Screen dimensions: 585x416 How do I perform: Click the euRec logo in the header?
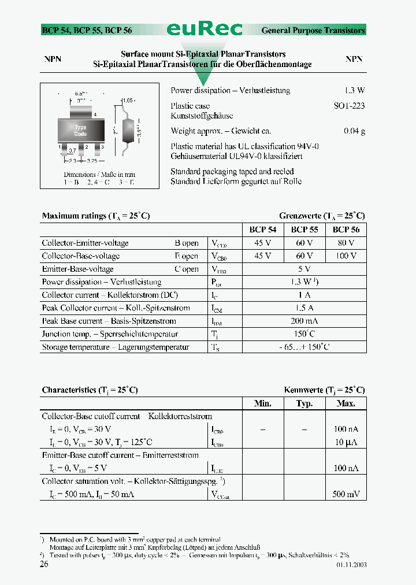[205, 29]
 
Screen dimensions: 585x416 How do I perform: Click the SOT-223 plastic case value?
[349, 106]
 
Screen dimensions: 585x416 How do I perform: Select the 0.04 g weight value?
[354, 131]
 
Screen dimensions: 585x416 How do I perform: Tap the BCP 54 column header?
[263, 229]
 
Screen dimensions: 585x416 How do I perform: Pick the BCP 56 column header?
[346, 229]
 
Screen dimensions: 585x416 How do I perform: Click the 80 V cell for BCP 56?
[346, 243]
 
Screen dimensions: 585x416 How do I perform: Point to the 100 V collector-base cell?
[346, 256]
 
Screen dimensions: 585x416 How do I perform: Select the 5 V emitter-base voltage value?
[304, 269]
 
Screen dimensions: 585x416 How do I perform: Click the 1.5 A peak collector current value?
[304, 308]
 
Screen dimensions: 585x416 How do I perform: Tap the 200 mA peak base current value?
[304, 321]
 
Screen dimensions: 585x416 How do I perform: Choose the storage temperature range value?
[304, 347]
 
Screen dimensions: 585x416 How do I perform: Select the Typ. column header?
[304, 403]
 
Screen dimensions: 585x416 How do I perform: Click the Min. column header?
[263, 403]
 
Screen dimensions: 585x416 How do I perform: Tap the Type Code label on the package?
[80, 131]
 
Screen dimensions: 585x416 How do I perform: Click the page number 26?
[44, 565]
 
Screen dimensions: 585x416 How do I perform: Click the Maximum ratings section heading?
[95, 216]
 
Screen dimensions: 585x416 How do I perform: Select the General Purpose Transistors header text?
[313, 30]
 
